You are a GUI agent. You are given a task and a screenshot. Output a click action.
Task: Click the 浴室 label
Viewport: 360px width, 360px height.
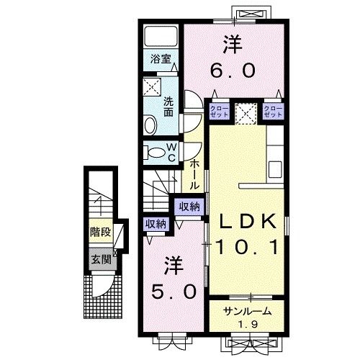tap(160, 60)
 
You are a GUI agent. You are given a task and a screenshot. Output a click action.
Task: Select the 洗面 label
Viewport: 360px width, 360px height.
tap(168, 106)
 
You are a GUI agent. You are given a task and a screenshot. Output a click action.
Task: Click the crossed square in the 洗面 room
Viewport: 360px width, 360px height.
tap(151, 87)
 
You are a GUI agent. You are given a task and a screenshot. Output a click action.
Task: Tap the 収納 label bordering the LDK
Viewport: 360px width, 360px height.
tap(189, 207)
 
